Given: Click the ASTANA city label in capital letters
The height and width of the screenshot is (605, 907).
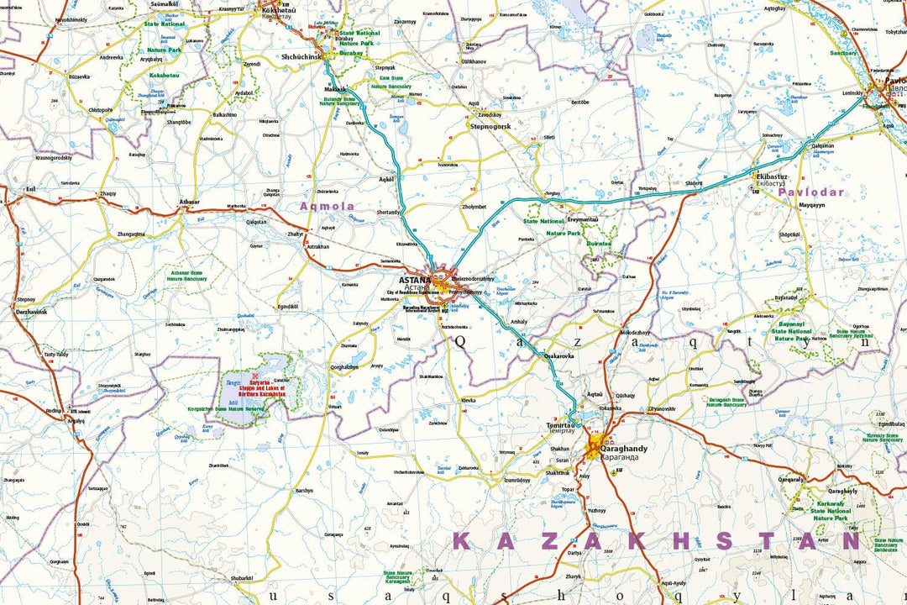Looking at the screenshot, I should tap(415, 280).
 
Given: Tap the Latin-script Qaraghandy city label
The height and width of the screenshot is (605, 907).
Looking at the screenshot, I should tap(623, 449).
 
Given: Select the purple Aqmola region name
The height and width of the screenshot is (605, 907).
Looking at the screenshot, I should tap(328, 206).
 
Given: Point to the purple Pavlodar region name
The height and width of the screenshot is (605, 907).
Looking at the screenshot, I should tap(810, 192).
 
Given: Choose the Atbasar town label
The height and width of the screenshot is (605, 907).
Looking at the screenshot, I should tap(190, 203).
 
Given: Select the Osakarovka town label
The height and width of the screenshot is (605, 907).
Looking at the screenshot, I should tap(559, 355).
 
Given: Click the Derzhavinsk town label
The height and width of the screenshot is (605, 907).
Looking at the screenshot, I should tap(32, 312).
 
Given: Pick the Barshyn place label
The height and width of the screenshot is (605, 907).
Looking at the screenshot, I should tap(303, 490).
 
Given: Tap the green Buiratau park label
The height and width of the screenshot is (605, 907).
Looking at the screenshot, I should tap(598, 244).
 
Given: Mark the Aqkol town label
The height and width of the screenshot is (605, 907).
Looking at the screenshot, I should tap(386, 180).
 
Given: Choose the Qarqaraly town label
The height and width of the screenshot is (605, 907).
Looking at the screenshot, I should tap(791, 479).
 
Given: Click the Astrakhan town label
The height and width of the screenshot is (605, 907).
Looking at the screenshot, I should tap(317, 247).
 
